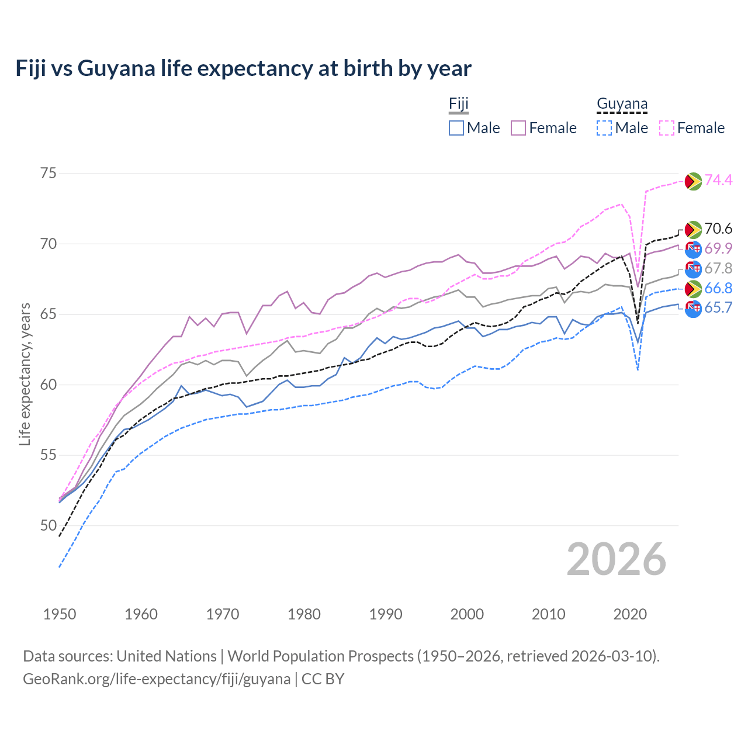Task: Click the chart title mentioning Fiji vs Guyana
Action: point(243,68)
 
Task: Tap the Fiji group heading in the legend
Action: point(459,104)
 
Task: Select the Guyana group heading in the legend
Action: point(622,104)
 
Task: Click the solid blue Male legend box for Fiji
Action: point(456,128)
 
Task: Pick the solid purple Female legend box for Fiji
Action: point(518,128)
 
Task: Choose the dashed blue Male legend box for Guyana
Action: point(604,128)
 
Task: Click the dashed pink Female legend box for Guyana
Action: point(667,128)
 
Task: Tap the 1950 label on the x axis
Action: point(60,614)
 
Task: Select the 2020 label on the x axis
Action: point(630,614)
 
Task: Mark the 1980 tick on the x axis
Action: point(304,614)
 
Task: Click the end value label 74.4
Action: point(718,181)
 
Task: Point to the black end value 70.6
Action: point(718,229)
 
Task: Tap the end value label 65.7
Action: point(718,308)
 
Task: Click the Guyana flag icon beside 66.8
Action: point(693,289)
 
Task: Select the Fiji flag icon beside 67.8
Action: point(693,269)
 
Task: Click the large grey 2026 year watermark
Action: point(617,559)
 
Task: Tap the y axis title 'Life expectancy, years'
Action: point(25,374)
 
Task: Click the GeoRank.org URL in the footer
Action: point(157,679)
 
